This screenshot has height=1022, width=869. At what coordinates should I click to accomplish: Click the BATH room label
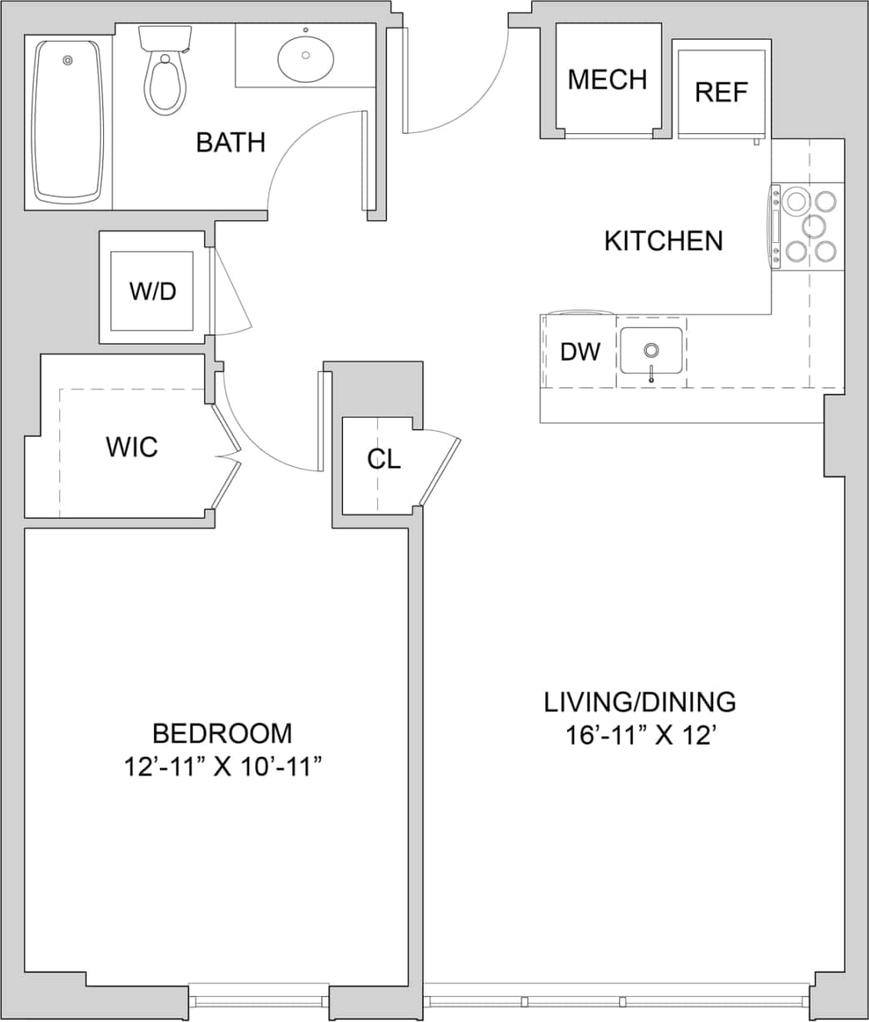[x=231, y=142]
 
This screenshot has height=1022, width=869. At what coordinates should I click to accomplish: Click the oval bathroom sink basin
[x=305, y=56]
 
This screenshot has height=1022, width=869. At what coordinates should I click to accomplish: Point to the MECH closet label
[x=607, y=80]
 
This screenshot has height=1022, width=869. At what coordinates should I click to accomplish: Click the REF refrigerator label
[x=721, y=92]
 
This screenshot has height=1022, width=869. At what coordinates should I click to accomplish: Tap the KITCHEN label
[x=663, y=241]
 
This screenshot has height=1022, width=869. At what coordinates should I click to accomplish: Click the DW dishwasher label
[x=579, y=352]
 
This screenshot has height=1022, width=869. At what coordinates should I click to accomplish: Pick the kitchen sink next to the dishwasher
[x=651, y=350]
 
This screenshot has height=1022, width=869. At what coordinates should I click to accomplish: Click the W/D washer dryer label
[x=152, y=291]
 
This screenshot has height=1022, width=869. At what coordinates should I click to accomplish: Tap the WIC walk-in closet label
[x=132, y=447]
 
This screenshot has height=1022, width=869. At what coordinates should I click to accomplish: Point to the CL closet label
[x=384, y=459]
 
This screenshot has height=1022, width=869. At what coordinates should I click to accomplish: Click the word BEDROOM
[x=222, y=733]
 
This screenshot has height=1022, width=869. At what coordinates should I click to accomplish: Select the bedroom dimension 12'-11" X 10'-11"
[x=223, y=766]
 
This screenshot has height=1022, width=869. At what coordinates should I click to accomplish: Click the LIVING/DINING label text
[x=639, y=702]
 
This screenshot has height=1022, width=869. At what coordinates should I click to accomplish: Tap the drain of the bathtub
[x=67, y=60]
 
